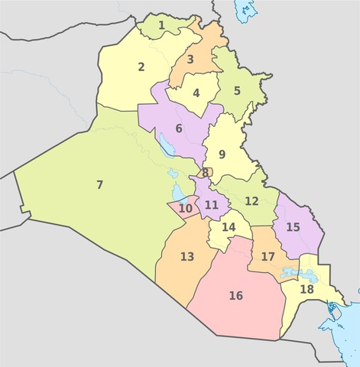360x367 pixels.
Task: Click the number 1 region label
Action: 161,25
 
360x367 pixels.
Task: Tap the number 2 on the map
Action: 141,67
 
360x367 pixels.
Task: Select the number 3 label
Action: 190,59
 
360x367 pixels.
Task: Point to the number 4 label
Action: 196,93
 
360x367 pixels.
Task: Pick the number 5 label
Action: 237,90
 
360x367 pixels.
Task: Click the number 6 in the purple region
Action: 179,128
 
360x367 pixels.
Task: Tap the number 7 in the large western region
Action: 99,184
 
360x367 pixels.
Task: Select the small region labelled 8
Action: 206,173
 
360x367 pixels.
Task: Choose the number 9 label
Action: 222,154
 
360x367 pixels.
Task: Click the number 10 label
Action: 186,208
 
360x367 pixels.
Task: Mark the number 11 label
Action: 212,204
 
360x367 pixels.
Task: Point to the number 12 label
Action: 251,200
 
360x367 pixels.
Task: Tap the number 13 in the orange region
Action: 187,256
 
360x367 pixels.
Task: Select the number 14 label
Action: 229,227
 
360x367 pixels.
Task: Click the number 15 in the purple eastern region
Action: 293,227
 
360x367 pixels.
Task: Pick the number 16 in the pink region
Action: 235,295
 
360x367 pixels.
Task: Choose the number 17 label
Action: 268,256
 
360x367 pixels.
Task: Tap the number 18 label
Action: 306,289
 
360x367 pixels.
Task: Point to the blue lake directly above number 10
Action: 176,190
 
